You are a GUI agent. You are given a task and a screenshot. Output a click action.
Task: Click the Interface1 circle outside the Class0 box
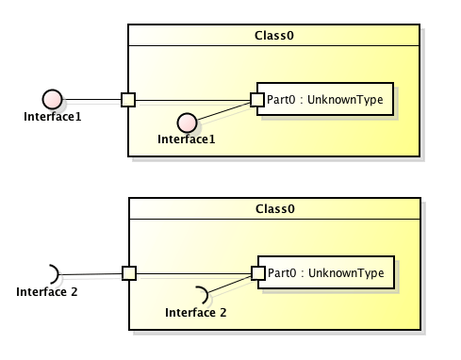coord(53,99)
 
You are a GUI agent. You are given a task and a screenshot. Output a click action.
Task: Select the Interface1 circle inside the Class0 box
coord(187,123)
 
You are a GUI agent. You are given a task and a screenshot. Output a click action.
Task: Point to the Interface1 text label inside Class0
coord(186,139)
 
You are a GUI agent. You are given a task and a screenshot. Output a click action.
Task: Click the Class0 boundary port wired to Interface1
coord(129,99)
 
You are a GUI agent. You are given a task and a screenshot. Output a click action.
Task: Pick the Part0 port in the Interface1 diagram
coord(256,99)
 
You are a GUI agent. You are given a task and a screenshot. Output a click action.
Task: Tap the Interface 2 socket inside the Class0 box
coord(200,294)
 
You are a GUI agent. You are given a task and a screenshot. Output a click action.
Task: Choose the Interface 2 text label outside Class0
coord(47,291)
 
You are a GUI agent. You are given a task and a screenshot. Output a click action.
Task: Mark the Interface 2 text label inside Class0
coord(196,312)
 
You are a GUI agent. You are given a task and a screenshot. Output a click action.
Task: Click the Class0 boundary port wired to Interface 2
coord(129,273)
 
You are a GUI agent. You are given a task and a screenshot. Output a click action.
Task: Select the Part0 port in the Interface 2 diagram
coord(256,273)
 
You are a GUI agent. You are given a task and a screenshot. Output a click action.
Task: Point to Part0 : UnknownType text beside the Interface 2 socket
coord(326,273)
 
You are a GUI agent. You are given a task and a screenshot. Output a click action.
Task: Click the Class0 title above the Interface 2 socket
coord(273,208)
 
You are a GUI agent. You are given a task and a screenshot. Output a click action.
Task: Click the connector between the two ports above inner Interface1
coord(193,99)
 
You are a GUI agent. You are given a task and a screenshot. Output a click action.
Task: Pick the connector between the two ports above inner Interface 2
coord(193,273)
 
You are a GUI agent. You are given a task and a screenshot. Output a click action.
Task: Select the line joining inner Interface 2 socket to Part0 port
coord(229,284)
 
